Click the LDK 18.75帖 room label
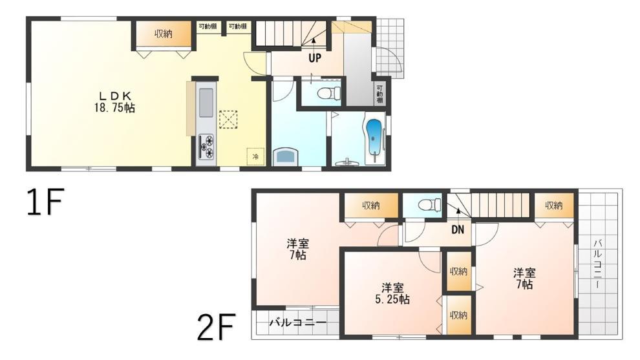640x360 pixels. click(x=114, y=102)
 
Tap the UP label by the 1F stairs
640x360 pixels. click(x=315, y=58)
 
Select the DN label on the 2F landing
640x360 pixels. click(x=458, y=230)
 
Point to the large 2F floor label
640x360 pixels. click(x=216, y=326)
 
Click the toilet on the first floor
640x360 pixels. click(x=329, y=93)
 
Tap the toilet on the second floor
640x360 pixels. click(x=430, y=204)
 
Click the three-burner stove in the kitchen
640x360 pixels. click(x=206, y=147)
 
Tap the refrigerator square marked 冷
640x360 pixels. click(x=255, y=156)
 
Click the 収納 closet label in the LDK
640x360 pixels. click(x=164, y=34)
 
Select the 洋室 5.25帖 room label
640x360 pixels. click(x=392, y=293)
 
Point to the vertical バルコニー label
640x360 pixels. click(x=598, y=264)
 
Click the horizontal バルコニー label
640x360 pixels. click(x=297, y=323)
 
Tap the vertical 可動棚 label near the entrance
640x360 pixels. click(x=379, y=94)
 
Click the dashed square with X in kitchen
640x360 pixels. click(x=228, y=119)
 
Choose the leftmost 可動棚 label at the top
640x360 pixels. click(x=208, y=26)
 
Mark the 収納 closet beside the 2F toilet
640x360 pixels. click(x=371, y=206)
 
